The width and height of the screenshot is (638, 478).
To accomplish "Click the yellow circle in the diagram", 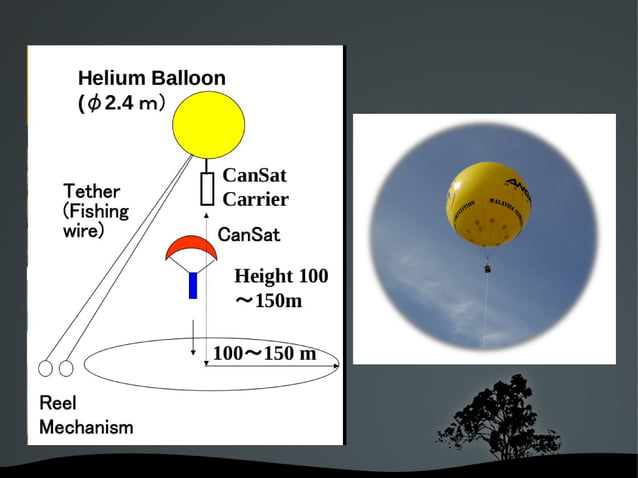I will [208, 124].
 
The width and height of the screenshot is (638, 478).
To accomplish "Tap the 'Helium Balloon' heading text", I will [152, 78].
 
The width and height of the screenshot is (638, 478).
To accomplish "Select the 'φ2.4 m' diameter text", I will [121, 102].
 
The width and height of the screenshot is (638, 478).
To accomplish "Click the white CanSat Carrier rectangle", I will [208, 188].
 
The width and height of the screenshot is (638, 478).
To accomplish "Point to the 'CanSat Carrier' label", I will [255, 187].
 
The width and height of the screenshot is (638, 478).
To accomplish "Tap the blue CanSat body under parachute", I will [193, 285].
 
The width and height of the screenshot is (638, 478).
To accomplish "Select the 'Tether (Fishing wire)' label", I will [96, 210].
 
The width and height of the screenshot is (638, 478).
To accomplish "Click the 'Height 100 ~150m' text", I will [280, 288].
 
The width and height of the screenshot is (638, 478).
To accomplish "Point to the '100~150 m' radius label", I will [264, 354].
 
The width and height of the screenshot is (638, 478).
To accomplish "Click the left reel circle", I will [46, 368].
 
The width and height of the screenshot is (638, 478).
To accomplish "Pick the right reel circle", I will [66, 368].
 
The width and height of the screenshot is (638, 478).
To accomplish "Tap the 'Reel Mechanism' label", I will [85, 415].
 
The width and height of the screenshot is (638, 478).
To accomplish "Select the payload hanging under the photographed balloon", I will [488, 268].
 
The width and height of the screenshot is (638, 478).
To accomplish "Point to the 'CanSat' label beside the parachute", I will [248, 235].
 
